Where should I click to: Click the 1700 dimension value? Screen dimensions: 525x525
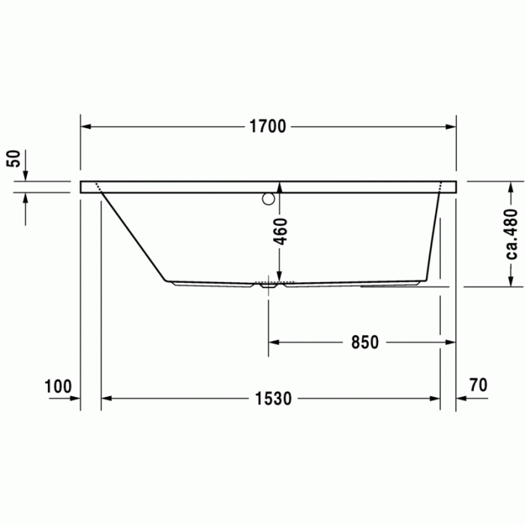[x=268, y=127]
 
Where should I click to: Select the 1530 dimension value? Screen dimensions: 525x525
[x=271, y=398]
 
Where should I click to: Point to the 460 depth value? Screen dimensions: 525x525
[x=279, y=231]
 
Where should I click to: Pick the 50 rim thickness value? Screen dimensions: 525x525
[x=13, y=158]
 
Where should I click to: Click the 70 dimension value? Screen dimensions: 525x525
[x=478, y=385]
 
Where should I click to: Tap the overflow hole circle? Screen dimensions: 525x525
[x=268, y=199]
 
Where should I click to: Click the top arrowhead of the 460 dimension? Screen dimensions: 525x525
[x=279, y=186]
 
